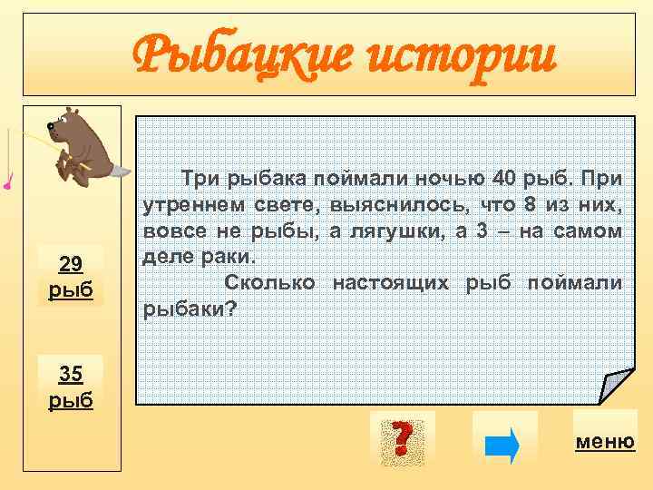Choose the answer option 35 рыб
71,386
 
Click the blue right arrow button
503,444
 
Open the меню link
604,442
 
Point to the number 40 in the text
502,175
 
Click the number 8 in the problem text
530,203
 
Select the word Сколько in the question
269,283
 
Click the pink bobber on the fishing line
7,186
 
